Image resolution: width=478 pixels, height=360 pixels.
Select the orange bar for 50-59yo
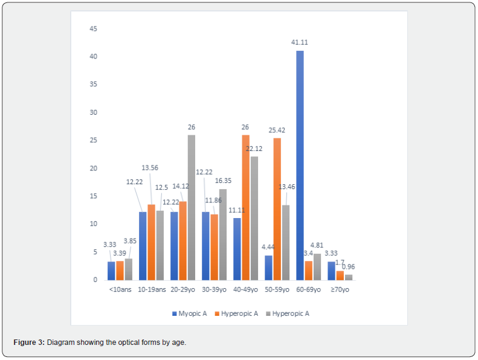(x=277, y=209)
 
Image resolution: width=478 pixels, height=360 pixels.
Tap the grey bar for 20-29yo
(x=191, y=207)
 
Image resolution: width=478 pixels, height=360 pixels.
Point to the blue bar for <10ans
(x=111, y=271)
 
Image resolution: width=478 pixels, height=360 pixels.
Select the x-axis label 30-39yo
(x=214, y=290)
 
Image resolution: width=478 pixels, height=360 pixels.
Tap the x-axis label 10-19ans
(x=151, y=290)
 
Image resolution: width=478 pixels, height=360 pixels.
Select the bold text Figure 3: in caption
(x=28, y=342)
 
